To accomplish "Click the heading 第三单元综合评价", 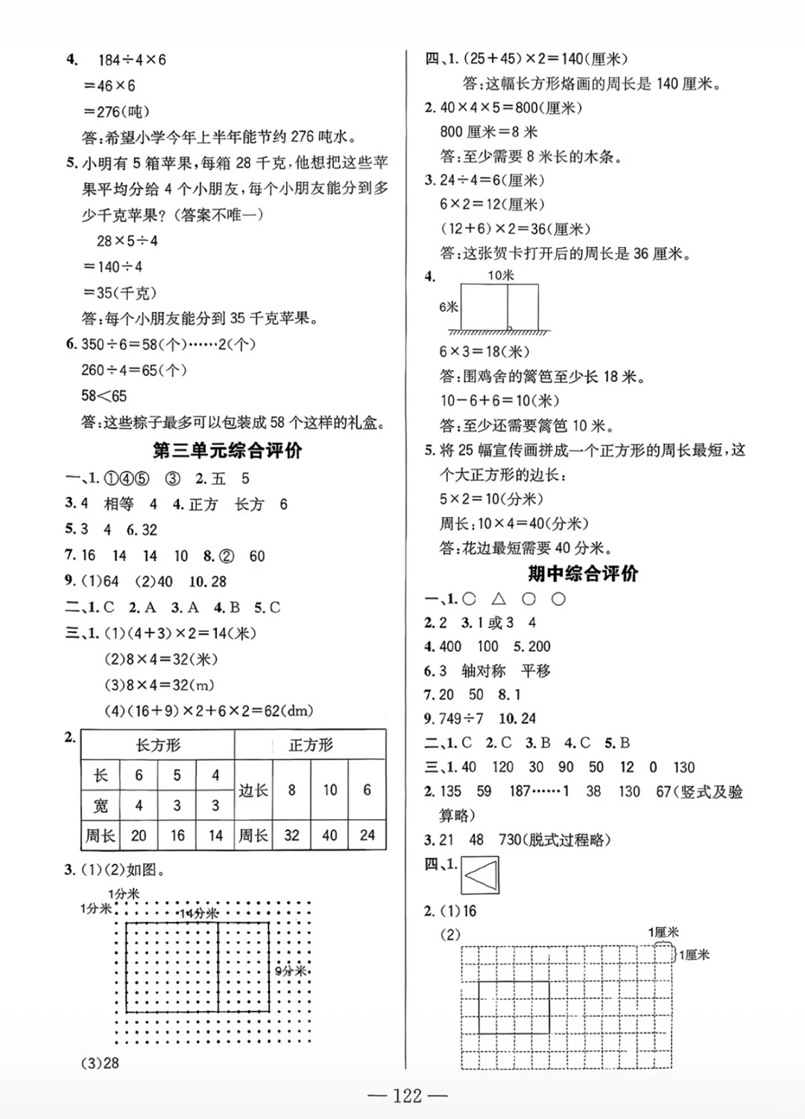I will coord(227,451).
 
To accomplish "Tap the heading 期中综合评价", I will coord(583,573).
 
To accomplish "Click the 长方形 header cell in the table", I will coord(158,745).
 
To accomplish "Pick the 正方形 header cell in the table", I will coord(311,745).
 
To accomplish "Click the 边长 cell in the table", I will coord(253,790).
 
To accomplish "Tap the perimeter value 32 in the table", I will coord(291,836).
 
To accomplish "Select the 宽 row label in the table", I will coord(101,806).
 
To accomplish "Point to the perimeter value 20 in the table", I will coord(139,836).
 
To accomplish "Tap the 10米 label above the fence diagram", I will coord(501,275).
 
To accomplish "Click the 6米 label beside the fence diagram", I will coord(449,307).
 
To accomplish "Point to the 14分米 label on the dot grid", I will coord(199,913).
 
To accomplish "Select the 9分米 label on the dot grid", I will coord(291,971).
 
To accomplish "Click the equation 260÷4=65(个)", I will coord(134,370).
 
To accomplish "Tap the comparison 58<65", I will coord(104,396).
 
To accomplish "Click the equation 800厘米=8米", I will coord(489,132).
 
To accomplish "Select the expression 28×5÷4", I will coord(127,241).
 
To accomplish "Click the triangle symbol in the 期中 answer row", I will coord(499,598).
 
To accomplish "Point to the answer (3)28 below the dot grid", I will coord(100,1063).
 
